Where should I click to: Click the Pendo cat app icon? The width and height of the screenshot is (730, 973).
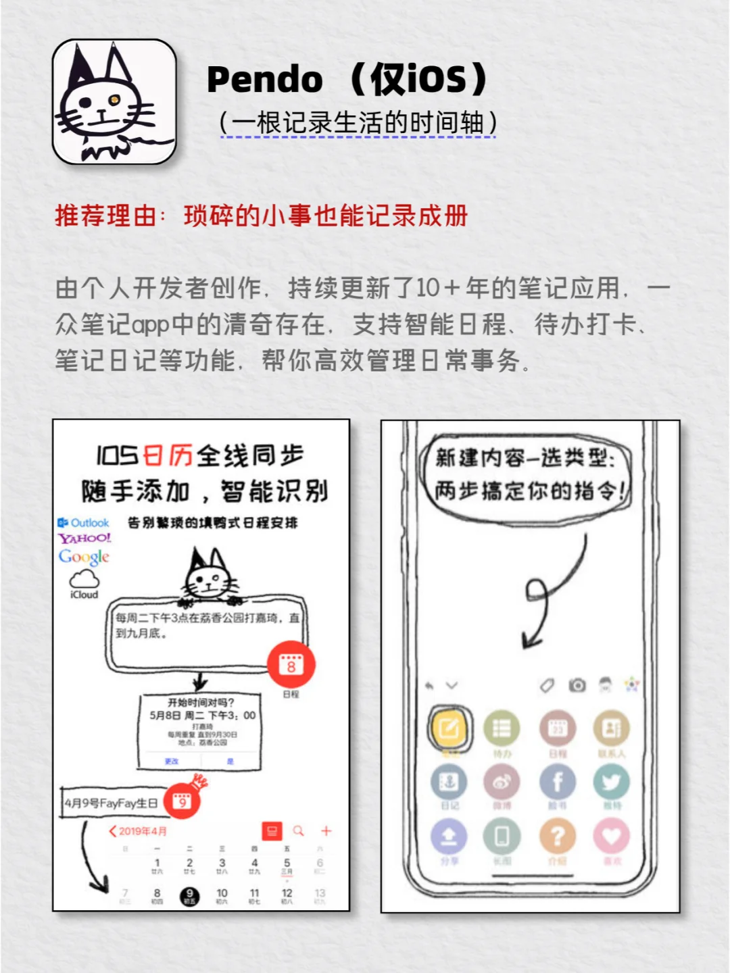(114, 102)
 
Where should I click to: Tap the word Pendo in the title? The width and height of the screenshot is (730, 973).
(264, 80)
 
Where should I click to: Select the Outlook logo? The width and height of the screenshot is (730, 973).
(83, 522)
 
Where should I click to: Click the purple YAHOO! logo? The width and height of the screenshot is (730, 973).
(84, 539)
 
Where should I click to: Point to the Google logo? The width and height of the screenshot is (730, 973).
(84, 557)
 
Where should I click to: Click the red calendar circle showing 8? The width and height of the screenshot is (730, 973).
(291, 664)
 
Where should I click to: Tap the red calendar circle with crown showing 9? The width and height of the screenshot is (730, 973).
(182, 801)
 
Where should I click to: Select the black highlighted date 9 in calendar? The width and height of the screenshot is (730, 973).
(189, 896)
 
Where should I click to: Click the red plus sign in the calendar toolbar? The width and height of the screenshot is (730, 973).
(326, 830)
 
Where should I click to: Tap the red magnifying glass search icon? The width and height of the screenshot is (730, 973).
(298, 830)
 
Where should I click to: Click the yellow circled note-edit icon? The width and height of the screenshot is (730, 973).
(449, 728)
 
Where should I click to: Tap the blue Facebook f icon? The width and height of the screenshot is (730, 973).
(558, 782)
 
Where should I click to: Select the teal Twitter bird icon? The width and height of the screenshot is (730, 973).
(611, 782)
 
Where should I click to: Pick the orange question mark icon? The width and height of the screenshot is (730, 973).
(558, 837)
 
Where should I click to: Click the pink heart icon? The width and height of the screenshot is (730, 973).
(611, 837)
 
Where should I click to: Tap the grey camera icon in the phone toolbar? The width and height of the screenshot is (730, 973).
(577, 685)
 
